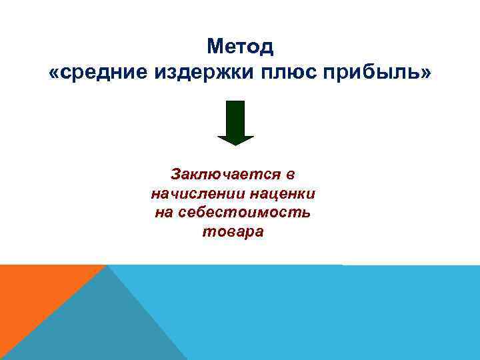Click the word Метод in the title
pos(240,47)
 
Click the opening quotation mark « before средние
pos(54,72)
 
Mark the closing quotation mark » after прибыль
pos(425,72)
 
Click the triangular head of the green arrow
pos(236,139)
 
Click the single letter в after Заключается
pos(290,175)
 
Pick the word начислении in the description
pos(198,194)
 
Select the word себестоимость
pos(246,213)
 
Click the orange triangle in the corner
pos(33,293)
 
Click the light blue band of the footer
pos(333,313)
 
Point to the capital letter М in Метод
pos(215,47)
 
